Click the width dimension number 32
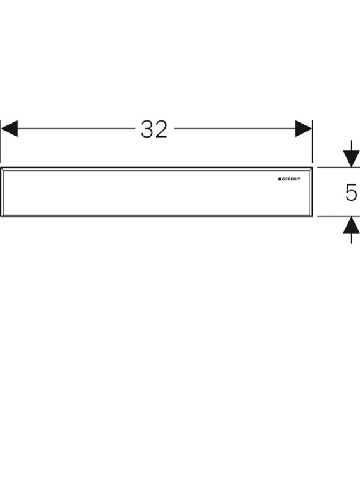[x=154, y=129]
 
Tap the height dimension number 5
[x=351, y=192]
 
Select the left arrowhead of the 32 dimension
[x=9, y=129]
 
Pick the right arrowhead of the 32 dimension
[x=304, y=129]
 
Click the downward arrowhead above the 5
[x=351, y=159]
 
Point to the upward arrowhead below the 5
[x=351, y=225]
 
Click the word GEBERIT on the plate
[x=291, y=179]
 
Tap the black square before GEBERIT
[x=279, y=179]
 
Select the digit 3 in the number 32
[x=147, y=129]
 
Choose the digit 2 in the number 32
[x=161, y=129]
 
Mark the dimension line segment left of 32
[x=76, y=129]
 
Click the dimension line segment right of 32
[x=235, y=129]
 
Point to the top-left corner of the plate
[x=1, y=168]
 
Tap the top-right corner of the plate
[x=313, y=168]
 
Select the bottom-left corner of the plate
[x=1, y=216]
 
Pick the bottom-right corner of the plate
[x=313, y=216]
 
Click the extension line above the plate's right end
[x=312, y=141]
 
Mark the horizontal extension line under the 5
[x=339, y=216]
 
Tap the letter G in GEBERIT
[x=283, y=179]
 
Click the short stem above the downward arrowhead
[x=352, y=146]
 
